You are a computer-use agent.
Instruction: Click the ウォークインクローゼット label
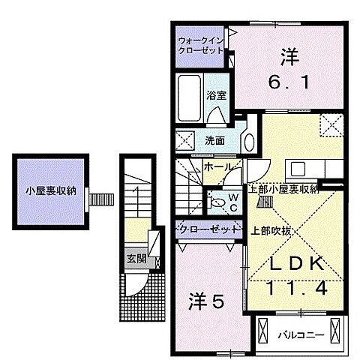point(202,46)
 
